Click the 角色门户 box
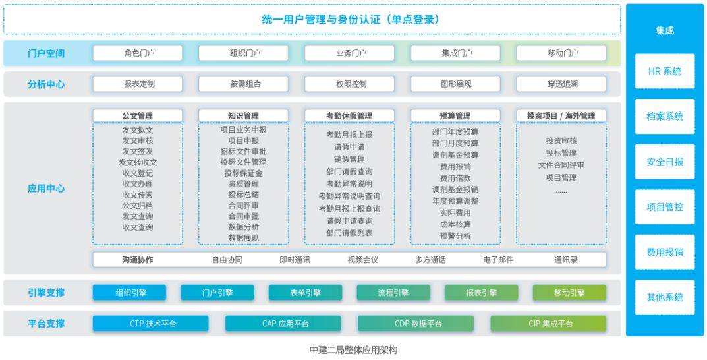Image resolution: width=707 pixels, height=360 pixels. click(138, 53)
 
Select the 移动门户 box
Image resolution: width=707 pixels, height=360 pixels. click(561, 53)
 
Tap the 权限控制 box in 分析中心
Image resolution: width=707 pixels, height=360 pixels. click(349, 84)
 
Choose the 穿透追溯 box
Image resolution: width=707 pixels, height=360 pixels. click(561, 84)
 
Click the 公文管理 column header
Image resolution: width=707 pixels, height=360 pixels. click(138, 116)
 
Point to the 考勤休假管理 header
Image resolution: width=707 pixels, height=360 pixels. click(349, 116)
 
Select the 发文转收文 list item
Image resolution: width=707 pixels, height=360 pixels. click(138, 162)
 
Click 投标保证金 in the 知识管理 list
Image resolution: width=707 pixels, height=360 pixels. click(244, 173)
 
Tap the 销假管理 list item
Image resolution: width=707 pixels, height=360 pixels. click(349, 160)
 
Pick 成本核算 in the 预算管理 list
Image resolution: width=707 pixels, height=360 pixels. click(455, 224)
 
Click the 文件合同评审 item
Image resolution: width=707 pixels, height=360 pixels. click(561, 165)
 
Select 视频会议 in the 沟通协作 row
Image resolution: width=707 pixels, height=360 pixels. click(363, 260)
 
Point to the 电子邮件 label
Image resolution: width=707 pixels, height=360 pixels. click(498, 260)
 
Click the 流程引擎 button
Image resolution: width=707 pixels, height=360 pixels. click(393, 293)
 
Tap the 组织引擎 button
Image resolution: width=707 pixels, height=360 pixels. click(129, 293)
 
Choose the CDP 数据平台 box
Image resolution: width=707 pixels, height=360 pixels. click(416, 324)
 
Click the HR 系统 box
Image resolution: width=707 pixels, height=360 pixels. click(665, 71)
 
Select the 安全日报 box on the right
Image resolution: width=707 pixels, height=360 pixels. click(665, 162)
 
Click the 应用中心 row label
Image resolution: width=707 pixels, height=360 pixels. click(46, 189)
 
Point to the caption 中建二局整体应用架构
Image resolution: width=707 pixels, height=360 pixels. click(353, 350)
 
